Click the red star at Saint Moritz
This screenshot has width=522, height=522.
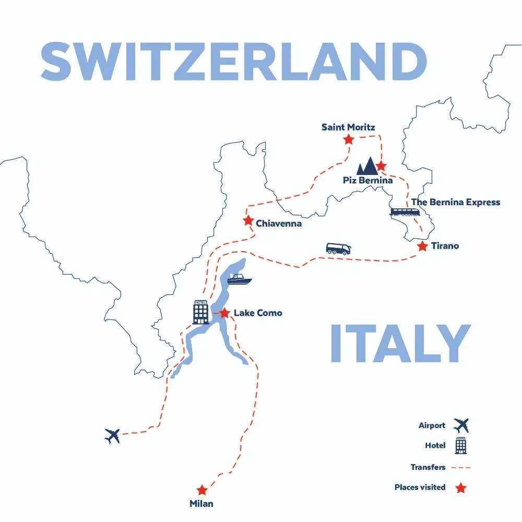(348, 139)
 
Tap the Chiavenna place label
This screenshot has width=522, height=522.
(278, 223)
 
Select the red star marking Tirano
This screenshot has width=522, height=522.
(422, 246)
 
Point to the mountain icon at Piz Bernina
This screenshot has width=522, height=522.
(367, 166)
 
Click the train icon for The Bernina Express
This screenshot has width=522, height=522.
(405, 211)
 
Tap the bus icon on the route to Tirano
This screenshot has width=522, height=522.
(338, 248)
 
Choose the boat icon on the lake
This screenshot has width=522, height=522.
(239, 279)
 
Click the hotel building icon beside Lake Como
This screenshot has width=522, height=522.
(200, 312)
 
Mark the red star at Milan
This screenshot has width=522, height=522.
(201, 490)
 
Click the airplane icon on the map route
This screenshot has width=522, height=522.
(112, 435)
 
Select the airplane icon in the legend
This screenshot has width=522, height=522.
(461, 425)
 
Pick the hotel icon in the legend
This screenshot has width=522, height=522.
(461, 446)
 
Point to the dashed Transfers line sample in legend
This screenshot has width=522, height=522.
(460, 468)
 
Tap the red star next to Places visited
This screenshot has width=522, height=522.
(460, 488)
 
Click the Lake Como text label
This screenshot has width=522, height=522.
(258, 313)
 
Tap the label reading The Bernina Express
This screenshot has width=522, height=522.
(455, 202)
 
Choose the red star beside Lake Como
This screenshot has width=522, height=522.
(224, 313)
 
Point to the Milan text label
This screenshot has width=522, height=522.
(201, 504)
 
